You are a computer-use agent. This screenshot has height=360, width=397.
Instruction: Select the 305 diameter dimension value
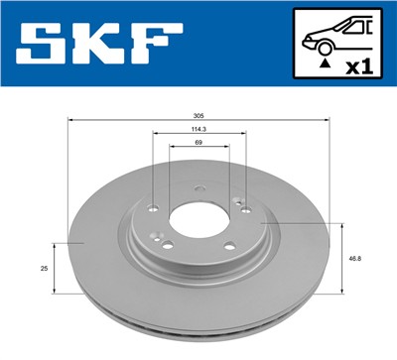pos(199,116)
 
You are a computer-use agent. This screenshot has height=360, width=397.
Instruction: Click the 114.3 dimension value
pos(199,129)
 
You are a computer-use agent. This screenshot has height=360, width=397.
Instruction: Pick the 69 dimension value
pos(199,143)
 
